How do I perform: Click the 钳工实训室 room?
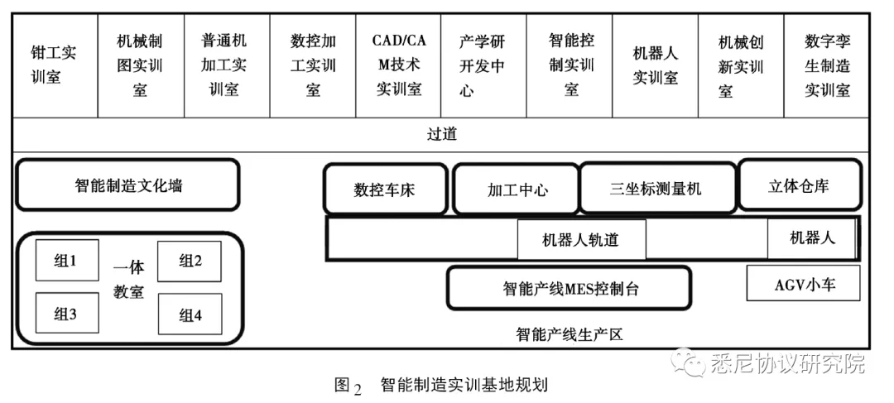tap(53, 65)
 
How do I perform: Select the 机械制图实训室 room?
tap(140, 65)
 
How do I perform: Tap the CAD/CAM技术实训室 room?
tap(399, 65)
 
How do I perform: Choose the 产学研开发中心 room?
tap(483, 65)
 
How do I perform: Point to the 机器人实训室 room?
tap(655, 65)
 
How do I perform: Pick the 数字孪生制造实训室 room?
tap(827, 65)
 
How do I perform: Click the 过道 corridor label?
tap(442, 134)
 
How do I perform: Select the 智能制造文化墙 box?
tap(127, 185)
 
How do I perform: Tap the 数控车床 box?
tap(384, 190)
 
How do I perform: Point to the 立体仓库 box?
tap(798, 185)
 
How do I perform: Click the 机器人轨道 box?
tap(581, 240)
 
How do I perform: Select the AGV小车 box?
tap(804, 284)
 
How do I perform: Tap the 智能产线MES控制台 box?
tap(570, 289)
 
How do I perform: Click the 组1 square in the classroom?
tap(66, 261)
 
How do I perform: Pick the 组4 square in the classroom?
tap(190, 314)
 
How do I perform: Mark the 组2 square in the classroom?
tap(190, 261)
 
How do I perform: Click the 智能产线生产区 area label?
tap(569, 335)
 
